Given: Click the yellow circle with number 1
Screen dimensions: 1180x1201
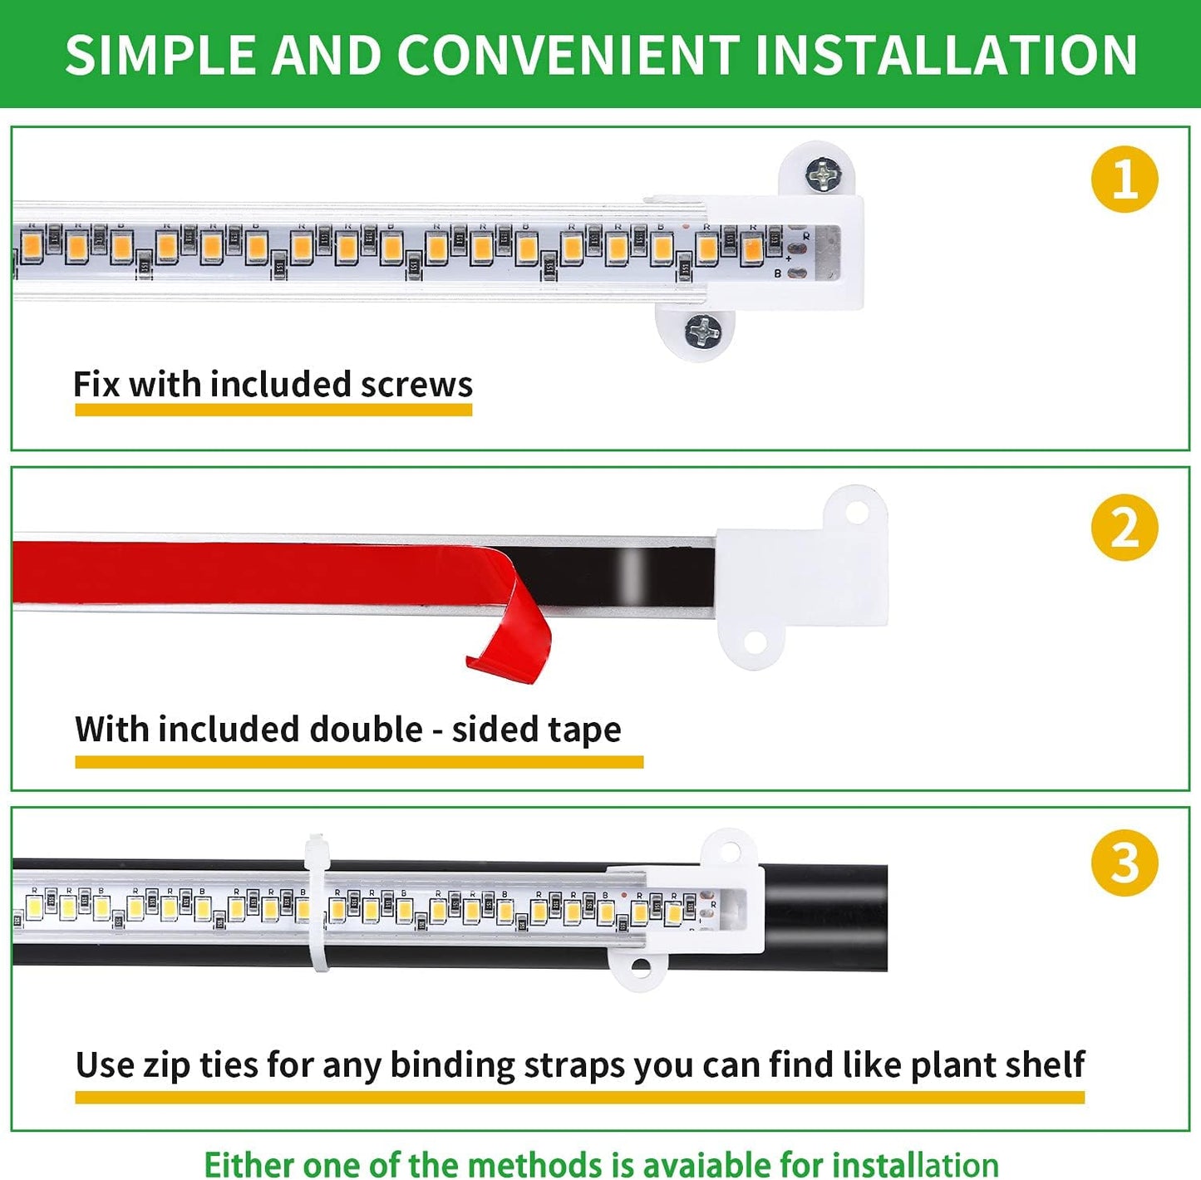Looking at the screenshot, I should [1124, 179].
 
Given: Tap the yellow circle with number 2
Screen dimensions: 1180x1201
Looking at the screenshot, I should [1124, 528].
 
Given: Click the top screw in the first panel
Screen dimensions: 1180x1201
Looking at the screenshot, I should [823, 174].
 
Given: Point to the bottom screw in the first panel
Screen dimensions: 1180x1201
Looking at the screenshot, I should [703, 332].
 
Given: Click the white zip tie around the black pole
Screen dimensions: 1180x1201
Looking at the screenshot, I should [317, 902].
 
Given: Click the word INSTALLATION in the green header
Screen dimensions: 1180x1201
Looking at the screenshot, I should [946, 55].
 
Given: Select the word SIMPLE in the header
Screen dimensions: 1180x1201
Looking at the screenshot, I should [163, 55].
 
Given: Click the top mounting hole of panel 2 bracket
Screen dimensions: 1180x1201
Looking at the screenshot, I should [856, 512].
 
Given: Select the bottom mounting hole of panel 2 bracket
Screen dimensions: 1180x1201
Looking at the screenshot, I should [754, 642].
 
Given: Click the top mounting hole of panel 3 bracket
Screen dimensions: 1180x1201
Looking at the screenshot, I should [729, 852].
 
